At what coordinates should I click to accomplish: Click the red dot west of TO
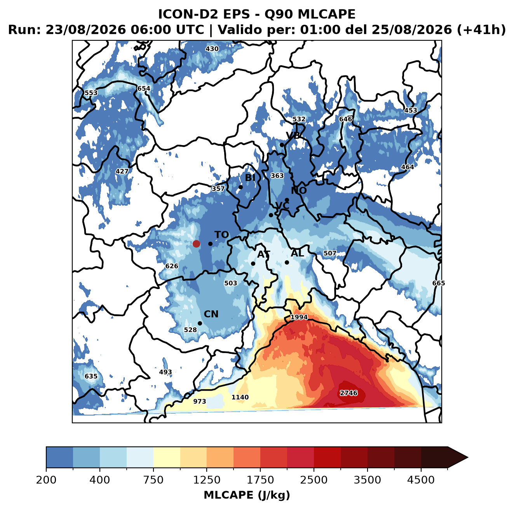tap(196, 244)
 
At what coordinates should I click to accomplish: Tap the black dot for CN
tap(200, 323)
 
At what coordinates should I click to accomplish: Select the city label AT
tap(263, 254)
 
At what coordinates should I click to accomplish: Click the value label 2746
tap(348, 393)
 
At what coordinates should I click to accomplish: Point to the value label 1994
tap(299, 317)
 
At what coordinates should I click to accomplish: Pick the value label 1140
tap(240, 397)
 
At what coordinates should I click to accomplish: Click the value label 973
tap(200, 401)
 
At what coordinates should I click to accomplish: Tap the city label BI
tap(250, 178)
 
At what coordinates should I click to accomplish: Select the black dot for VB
tap(282, 145)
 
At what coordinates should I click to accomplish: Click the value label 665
tap(439, 283)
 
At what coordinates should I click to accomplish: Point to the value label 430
tap(212, 49)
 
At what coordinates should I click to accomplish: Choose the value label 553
tap(91, 93)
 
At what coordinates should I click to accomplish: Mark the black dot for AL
tap(287, 262)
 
